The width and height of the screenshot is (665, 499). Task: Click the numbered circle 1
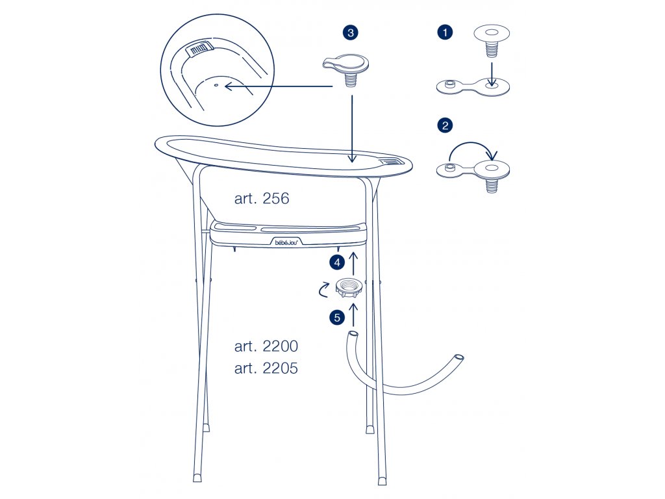[445, 32]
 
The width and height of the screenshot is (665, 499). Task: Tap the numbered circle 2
[445, 125]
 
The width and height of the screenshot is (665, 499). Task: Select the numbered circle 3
[350, 32]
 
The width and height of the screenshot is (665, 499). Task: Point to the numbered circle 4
[337, 262]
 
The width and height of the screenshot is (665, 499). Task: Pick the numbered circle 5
[337, 317]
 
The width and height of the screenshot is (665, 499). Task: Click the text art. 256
[262, 198]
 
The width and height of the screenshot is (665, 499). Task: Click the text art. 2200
[266, 346]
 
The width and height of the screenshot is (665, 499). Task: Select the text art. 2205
[266, 368]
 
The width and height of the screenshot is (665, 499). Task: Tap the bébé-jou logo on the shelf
[287, 242]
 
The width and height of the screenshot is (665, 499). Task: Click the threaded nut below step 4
[348, 288]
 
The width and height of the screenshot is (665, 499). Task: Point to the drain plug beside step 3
[345, 70]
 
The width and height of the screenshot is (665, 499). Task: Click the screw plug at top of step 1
[491, 42]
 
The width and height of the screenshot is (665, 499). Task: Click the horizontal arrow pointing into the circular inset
[279, 86]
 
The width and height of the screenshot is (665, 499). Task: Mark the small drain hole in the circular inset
[216, 85]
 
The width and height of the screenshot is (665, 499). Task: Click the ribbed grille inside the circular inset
[200, 49]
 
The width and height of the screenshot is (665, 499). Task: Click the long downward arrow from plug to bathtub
[351, 129]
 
